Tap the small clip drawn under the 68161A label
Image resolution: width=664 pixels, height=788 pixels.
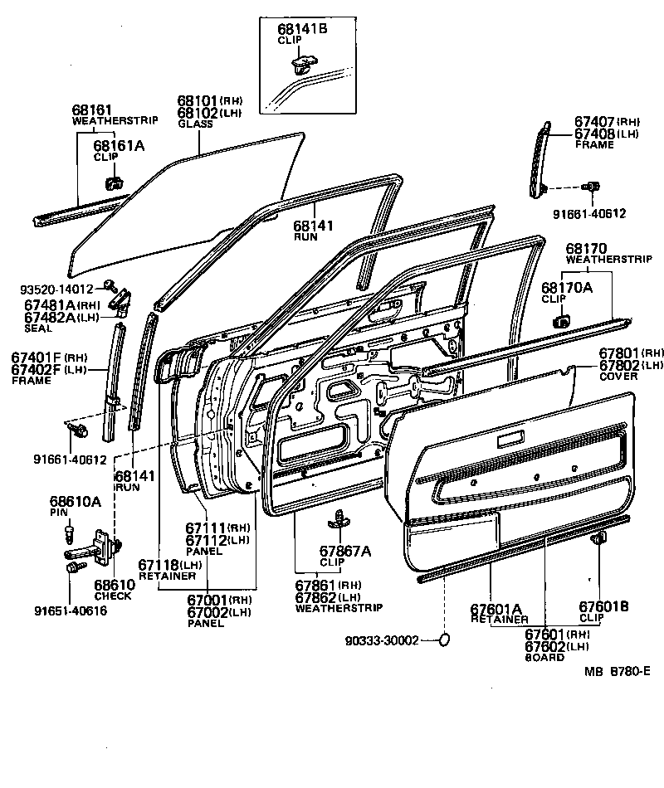point(114,180)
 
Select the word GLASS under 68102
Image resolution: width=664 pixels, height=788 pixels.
point(195,124)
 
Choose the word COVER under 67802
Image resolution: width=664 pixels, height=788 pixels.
point(618,376)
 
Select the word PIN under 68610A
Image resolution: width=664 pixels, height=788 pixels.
point(58,513)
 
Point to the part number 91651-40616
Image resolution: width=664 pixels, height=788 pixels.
point(71,611)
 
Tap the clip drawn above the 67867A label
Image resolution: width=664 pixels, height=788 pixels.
point(339,518)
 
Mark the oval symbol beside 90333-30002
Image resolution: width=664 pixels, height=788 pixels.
point(444,640)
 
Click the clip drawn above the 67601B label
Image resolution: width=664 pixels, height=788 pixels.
point(596,541)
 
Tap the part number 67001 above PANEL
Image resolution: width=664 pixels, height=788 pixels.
point(205,600)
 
